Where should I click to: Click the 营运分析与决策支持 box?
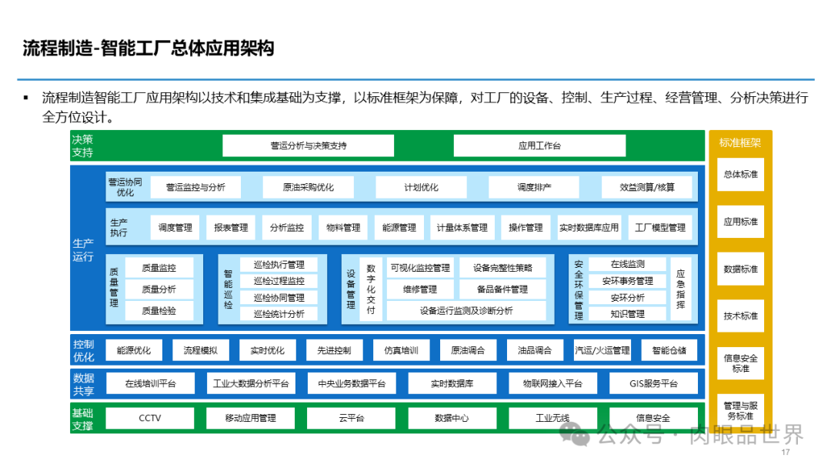tap(308, 145)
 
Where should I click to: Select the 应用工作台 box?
tap(539, 145)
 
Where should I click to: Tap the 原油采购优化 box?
tap(309, 187)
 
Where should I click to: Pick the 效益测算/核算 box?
tap(647, 187)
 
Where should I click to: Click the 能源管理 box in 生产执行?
tap(399, 228)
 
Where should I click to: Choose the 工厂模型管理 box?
tap(660, 228)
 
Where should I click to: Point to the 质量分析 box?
tap(159, 289)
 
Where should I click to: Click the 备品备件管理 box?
tap(502, 289)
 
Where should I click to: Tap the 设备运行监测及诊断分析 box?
tap(466, 311)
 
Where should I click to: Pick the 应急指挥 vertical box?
tap(680, 289)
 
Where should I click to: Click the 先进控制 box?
tap(334, 350)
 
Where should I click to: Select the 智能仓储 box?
tap(669, 350)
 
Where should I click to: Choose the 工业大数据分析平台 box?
tap(251, 383)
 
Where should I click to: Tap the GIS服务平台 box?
tap(654, 383)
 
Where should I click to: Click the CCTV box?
tap(150, 418)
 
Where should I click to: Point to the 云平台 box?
tap(351, 418)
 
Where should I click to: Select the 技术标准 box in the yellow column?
tap(740, 316)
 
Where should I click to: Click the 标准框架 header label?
tap(740, 142)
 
